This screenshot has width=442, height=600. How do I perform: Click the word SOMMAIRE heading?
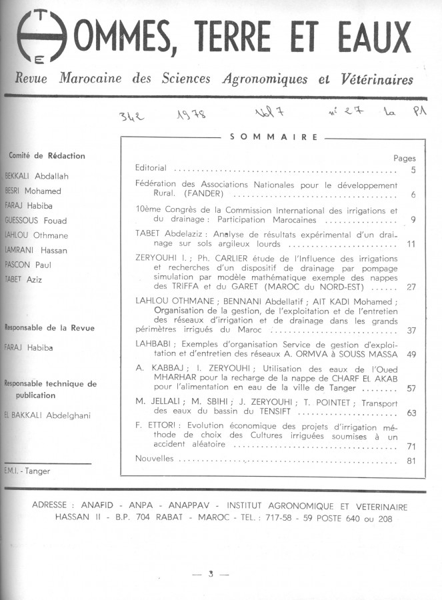click(273, 137)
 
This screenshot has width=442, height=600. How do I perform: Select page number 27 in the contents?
click(411, 287)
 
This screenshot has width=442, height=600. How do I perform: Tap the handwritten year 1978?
click(192, 115)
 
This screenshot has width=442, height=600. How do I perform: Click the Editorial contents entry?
click(151, 168)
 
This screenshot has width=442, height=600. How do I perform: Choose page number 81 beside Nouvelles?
click(411, 461)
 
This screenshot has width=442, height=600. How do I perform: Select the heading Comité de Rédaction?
click(47, 156)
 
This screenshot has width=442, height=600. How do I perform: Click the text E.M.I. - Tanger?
click(27, 471)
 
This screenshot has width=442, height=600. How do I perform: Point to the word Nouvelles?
click(154, 459)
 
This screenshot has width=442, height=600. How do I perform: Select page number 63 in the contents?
click(411, 413)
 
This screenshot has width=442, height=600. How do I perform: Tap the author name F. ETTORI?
click(155, 425)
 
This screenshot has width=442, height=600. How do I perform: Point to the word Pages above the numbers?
click(404, 159)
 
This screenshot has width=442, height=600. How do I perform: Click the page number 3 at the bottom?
click(210, 573)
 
